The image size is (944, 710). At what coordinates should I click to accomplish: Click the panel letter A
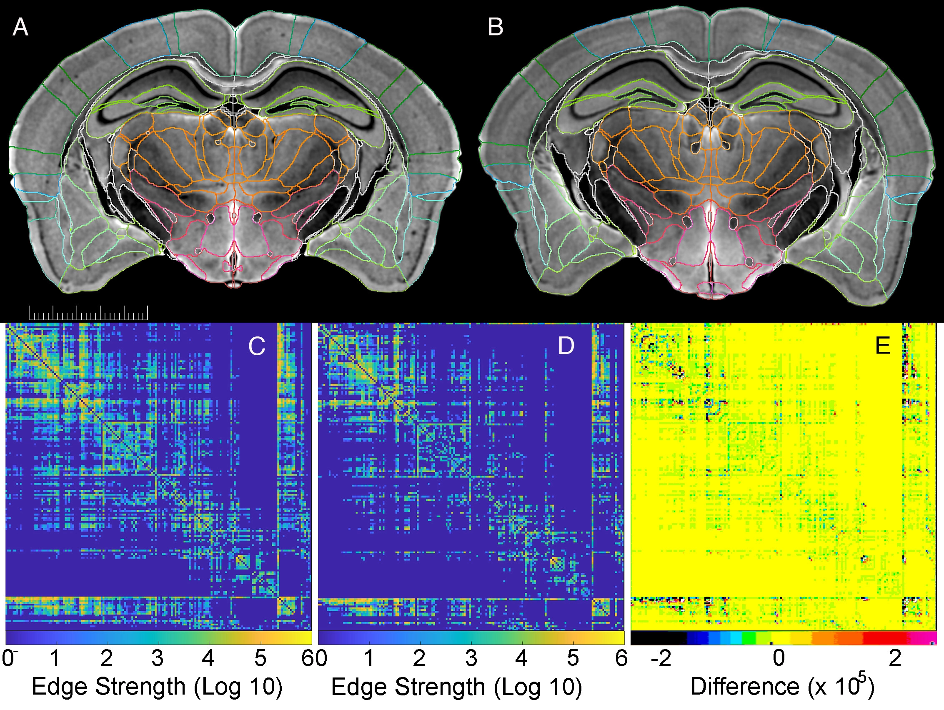(20, 28)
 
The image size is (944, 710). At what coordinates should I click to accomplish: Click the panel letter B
(495, 27)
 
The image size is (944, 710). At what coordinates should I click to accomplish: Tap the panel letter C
(256, 346)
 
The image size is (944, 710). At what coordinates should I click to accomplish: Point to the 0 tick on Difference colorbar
(779, 658)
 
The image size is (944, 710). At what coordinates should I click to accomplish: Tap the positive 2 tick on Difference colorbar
(895, 658)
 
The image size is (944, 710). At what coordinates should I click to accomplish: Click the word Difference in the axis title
(745, 687)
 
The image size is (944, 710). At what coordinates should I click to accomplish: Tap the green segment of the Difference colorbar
(749, 638)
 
